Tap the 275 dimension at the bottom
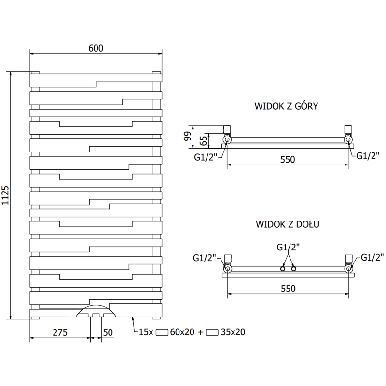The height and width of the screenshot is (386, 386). [60, 332]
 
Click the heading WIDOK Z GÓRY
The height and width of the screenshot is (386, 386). [286, 106]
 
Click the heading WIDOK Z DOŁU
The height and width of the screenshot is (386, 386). [288, 224]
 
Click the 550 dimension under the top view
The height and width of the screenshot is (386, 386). [287, 159]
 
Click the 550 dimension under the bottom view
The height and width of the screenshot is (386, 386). [287, 288]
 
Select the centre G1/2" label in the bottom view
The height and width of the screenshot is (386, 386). [288, 247]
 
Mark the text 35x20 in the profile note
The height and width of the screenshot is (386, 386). [232, 332]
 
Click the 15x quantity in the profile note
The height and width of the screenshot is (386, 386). [146, 332]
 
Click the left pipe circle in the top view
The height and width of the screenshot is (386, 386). [227, 140]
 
